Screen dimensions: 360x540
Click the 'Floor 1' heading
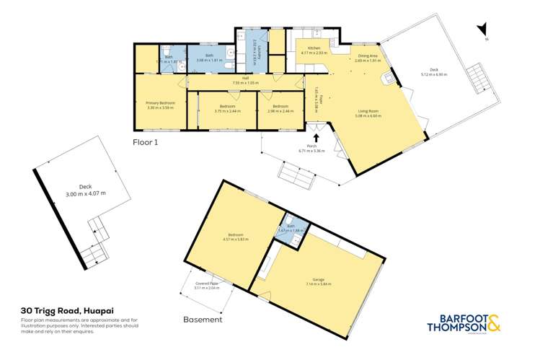tap(145, 142)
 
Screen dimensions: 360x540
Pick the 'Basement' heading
tap(203, 318)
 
